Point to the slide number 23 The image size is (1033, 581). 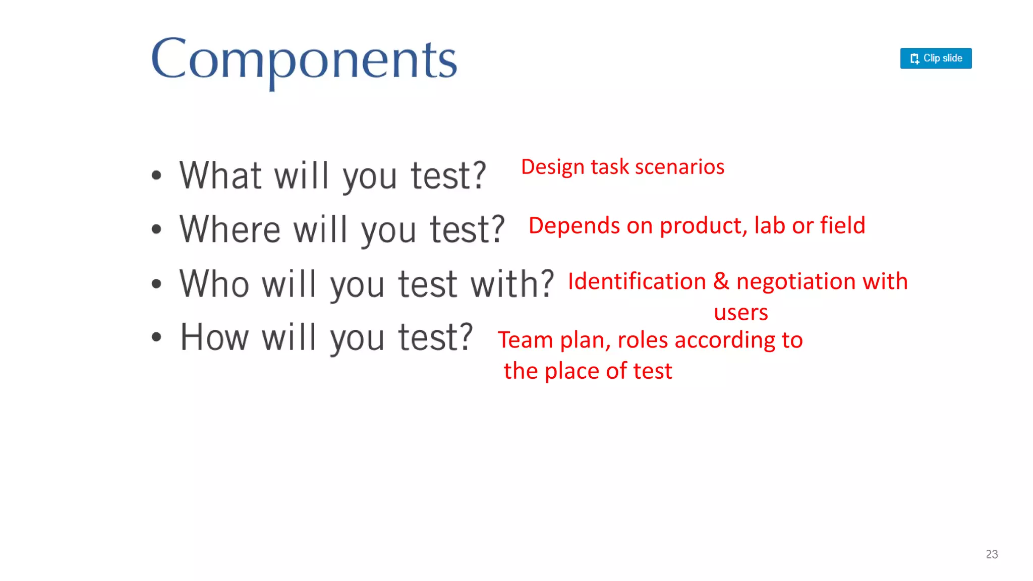[992, 554]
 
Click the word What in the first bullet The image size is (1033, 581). [220, 176]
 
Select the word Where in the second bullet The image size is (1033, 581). [230, 229]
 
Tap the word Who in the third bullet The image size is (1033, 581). [214, 283]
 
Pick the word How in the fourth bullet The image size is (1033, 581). [214, 337]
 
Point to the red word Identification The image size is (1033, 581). [637, 281]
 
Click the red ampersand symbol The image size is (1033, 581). [721, 281]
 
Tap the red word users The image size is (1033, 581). [740, 313]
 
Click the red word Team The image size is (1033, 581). [526, 340]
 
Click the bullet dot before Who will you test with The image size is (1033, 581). [156, 284]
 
